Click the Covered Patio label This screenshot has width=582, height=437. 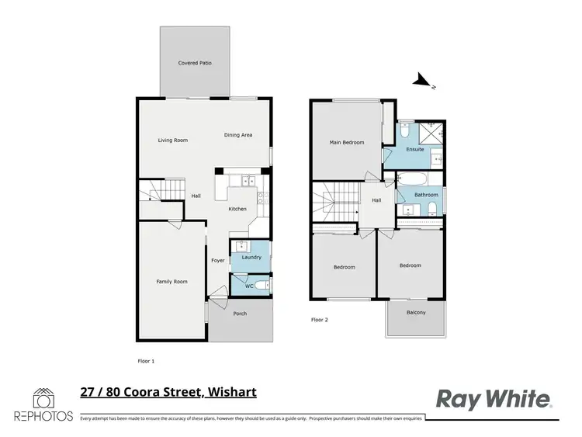[195, 63]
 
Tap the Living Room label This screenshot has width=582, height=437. [173, 140]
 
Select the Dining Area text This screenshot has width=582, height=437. [238, 136]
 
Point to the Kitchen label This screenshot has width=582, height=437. [237, 210]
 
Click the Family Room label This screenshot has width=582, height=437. [172, 281]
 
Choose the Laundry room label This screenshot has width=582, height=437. [251, 257]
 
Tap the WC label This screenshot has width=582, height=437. [250, 286]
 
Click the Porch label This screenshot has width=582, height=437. [240, 314]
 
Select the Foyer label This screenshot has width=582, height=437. [218, 261]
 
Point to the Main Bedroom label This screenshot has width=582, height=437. [346, 143]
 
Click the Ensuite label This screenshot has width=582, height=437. [415, 149]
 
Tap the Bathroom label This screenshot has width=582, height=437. [426, 195]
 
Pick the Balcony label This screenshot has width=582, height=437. [416, 313]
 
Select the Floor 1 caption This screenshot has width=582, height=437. [146, 362]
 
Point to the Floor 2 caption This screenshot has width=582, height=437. [320, 319]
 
